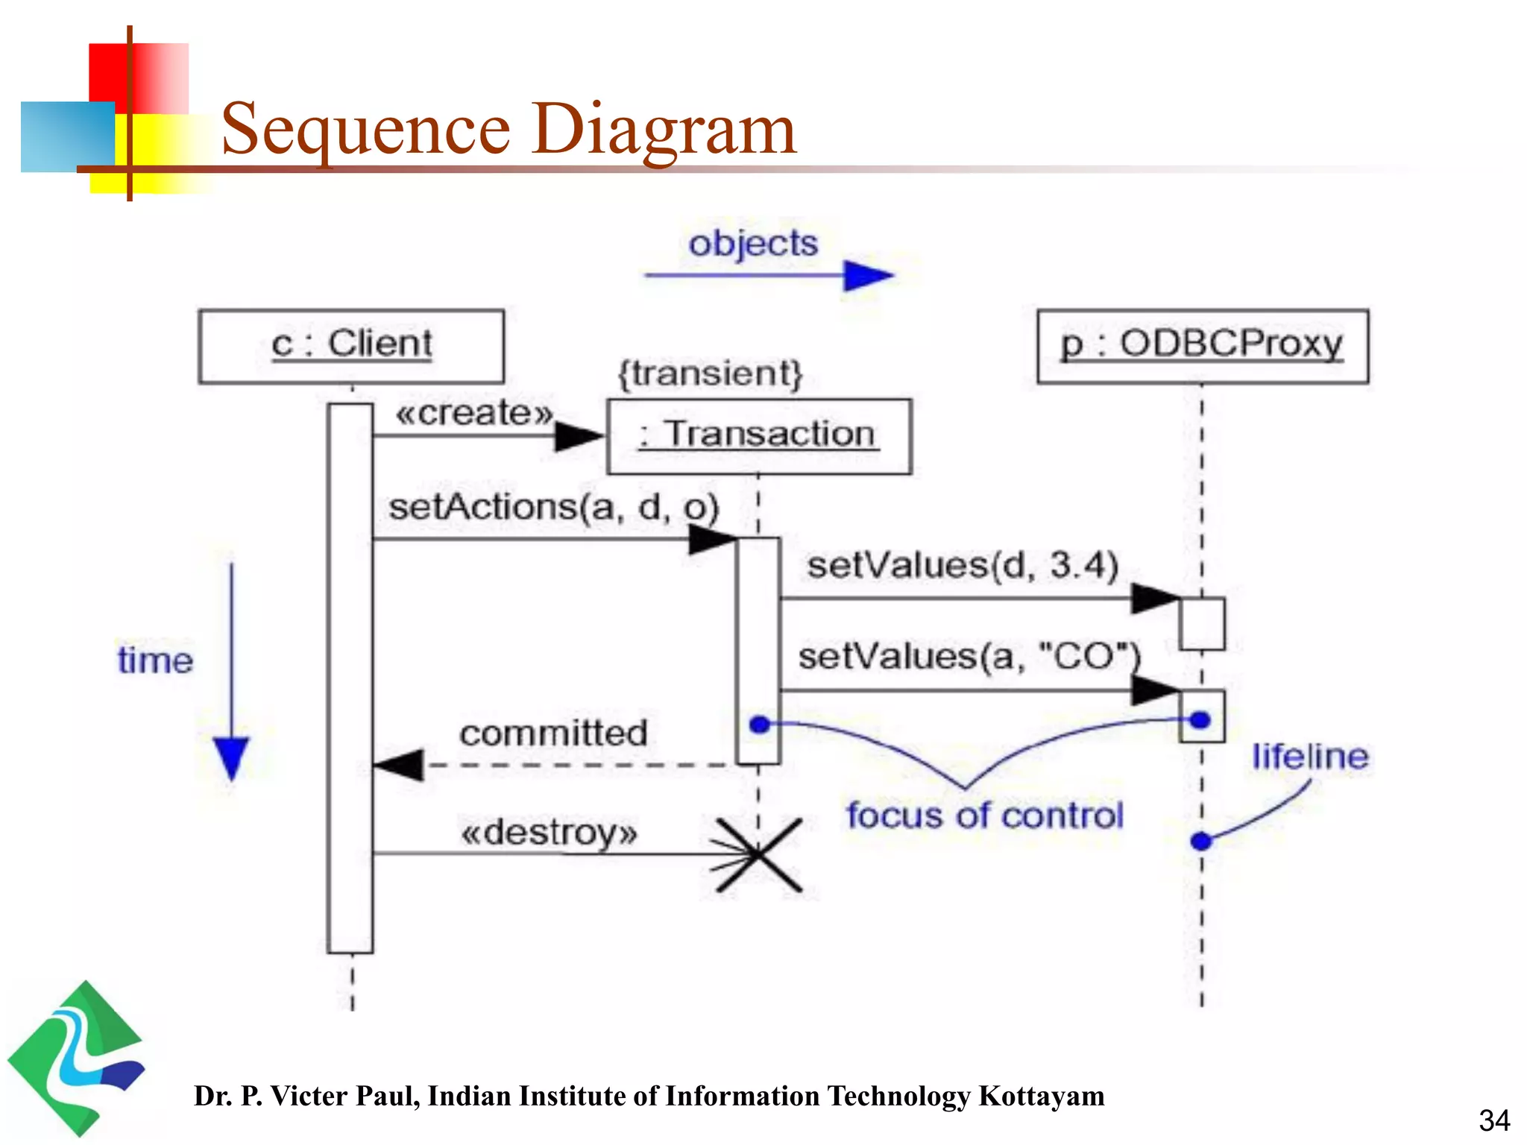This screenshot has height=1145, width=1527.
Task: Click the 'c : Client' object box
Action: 351,347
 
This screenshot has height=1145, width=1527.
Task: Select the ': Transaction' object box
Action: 759,436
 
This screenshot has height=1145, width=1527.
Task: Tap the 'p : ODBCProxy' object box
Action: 1203,347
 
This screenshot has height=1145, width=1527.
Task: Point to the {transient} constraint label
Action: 711,373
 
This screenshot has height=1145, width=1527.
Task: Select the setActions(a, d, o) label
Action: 554,508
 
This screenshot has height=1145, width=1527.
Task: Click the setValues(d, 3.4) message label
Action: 963,566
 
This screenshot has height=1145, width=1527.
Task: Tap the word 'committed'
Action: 553,734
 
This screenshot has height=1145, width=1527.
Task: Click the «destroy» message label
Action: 550,833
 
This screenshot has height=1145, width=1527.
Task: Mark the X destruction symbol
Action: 759,855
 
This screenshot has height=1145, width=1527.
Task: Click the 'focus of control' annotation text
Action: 985,816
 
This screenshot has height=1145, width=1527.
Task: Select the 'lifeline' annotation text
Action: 1310,757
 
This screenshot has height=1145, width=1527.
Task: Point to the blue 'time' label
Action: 155,661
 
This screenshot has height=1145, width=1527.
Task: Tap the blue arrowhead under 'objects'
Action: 867,276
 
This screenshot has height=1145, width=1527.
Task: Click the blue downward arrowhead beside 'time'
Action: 231,757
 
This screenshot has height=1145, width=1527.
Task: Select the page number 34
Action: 1494,1120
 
